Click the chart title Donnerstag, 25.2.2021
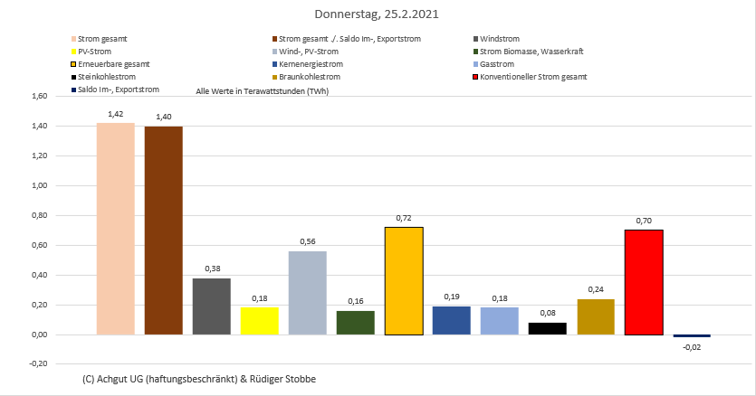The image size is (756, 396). pyautogui.click(x=378, y=14)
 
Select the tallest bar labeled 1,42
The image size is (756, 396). pyautogui.click(x=115, y=229)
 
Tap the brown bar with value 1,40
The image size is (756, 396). pyautogui.click(x=163, y=231)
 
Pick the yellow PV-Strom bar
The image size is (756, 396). pyautogui.click(x=259, y=321)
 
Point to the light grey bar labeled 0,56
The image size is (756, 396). pyautogui.click(x=307, y=293)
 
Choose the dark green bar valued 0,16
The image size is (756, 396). pyautogui.click(x=355, y=323)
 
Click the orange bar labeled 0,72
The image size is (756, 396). pyautogui.click(x=404, y=280)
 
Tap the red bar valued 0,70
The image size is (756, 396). pyautogui.click(x=644, y=282)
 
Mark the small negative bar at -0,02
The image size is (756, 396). pyautogui.click(x=692, y=336)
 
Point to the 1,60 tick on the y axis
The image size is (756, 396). pyautogui.click(x=39, y=96)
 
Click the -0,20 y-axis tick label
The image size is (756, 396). pyautogui.click(x=39, y=364)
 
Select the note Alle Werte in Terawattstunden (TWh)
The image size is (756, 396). pyautogui.click(x=262, y=92)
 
